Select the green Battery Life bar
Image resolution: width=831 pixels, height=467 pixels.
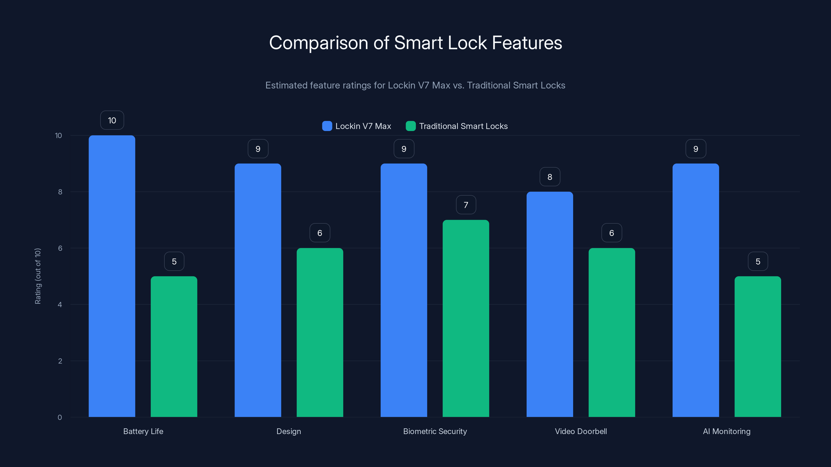pos(174,346)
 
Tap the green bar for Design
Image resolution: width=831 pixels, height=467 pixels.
pos(320,332)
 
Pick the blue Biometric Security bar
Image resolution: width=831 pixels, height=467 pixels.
pos(404,290)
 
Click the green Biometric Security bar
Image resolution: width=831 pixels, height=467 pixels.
pos(466,318)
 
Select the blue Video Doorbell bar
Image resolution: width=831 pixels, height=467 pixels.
pos(549,304)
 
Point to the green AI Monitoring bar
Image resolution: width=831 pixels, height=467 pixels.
pos(758,346)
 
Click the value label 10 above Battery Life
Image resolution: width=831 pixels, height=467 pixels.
pos(112,120)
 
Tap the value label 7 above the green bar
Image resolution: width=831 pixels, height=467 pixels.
pos(466,205)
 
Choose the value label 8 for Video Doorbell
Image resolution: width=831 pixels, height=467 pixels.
pos(550,177)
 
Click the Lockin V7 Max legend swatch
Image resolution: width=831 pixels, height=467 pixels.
pos(327,126)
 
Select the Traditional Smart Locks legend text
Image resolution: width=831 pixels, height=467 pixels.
pos(463,126)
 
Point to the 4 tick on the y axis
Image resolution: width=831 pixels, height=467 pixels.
pos(60,305)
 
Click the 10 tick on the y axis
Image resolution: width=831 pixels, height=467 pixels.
pos(58,135)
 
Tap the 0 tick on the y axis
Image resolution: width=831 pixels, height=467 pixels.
pos(60,417)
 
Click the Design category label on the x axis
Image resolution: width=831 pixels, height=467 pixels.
pos(289,431)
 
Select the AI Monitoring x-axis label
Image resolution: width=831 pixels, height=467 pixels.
pos(727,431)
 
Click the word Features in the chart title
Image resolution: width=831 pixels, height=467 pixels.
pos(527,43)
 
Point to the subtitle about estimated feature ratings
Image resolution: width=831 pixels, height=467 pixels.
pos(415,85)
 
